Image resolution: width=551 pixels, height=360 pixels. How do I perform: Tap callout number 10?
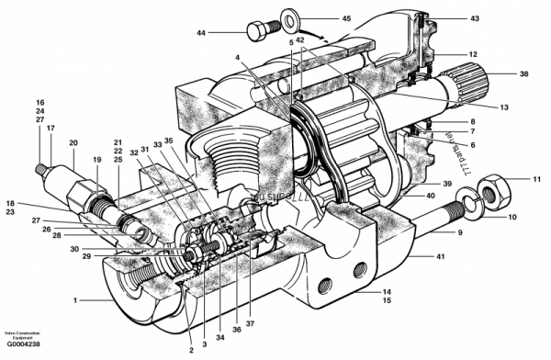point(512,218)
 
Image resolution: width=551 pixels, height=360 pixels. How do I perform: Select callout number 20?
point(73,142)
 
